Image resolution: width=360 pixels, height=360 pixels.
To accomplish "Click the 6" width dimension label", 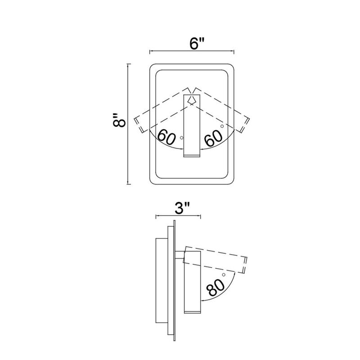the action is [x=197, y=43].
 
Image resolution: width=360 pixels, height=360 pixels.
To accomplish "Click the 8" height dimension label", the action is [x=119, y=120].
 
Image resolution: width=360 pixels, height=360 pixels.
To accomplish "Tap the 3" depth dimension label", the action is [x=182, y=208].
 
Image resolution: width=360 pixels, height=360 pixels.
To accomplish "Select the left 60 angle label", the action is [x=166, y=137].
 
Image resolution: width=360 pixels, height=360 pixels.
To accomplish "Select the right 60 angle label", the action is [x=213, y=138].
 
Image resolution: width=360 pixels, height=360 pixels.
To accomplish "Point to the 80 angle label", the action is [x=216, y=287].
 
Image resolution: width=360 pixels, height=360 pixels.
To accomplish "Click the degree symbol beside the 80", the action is [x=224, y=274].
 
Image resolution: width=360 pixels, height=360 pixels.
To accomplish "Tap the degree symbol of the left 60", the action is [x=182, y=138].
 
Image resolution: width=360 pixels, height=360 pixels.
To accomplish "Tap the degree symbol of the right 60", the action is [x=222, y=126].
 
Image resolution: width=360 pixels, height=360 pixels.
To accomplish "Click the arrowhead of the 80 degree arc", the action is [x=202, y=300].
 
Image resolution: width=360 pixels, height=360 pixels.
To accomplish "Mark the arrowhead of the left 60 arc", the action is [x=182, y=149].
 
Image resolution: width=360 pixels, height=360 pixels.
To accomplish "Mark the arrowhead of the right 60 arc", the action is [x=202, y=149].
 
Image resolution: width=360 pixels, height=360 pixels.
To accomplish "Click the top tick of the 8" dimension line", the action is [x=129, y=64].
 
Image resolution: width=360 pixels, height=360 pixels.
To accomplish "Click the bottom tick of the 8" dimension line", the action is [x=129, y=184].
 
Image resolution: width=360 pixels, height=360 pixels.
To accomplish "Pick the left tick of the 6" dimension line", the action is [x=150, y=52].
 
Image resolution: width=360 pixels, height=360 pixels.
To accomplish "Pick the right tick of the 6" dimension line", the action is [x=234, y=52].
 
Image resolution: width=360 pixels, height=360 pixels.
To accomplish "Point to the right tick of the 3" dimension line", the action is [x=201, y=216].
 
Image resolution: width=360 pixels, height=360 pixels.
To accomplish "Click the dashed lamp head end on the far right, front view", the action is [x=245, y=125].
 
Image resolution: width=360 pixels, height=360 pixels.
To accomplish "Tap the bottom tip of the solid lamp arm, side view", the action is [x=193, y=313].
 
